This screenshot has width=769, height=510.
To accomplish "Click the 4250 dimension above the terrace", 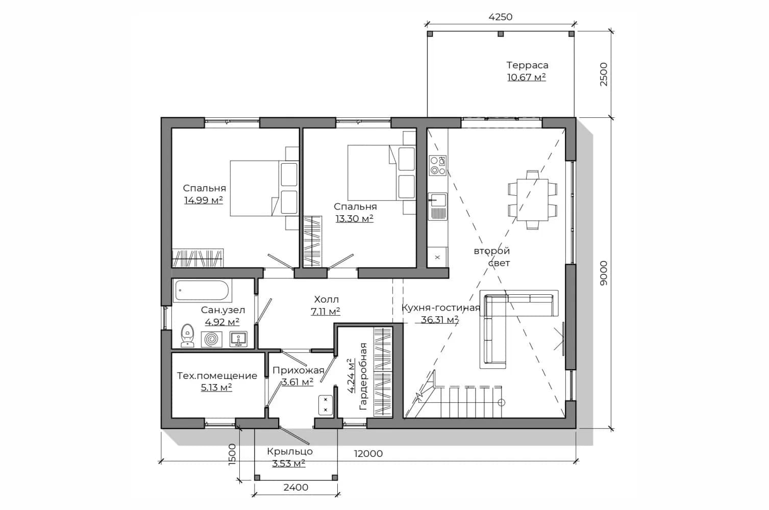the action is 500,17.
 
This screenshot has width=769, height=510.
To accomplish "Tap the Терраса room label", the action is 527,65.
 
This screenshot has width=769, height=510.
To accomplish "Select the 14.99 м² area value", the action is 204,200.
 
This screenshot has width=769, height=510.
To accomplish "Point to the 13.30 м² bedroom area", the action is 355,219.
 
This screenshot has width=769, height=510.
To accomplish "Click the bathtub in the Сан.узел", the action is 202,290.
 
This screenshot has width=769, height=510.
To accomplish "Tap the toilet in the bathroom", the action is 187,336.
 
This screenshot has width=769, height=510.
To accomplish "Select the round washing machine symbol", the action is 211,340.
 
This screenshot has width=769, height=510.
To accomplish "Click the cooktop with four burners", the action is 438,165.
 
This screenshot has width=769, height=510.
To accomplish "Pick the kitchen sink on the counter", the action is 438,206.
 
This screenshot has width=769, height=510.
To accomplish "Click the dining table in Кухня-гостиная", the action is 532,200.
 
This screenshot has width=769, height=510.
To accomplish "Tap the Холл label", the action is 326,299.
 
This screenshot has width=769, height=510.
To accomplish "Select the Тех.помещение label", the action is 217,376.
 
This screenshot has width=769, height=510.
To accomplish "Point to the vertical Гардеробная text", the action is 363,376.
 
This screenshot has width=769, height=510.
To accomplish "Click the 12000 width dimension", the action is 368,454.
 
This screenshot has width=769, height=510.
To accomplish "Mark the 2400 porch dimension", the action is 296,488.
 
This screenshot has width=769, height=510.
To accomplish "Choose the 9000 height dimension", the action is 604,273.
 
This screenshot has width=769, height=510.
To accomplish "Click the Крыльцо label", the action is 290,451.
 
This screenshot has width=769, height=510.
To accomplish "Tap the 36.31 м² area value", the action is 440,320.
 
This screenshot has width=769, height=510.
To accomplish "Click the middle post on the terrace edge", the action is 501,34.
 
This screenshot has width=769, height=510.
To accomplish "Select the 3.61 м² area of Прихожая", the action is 297,381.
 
